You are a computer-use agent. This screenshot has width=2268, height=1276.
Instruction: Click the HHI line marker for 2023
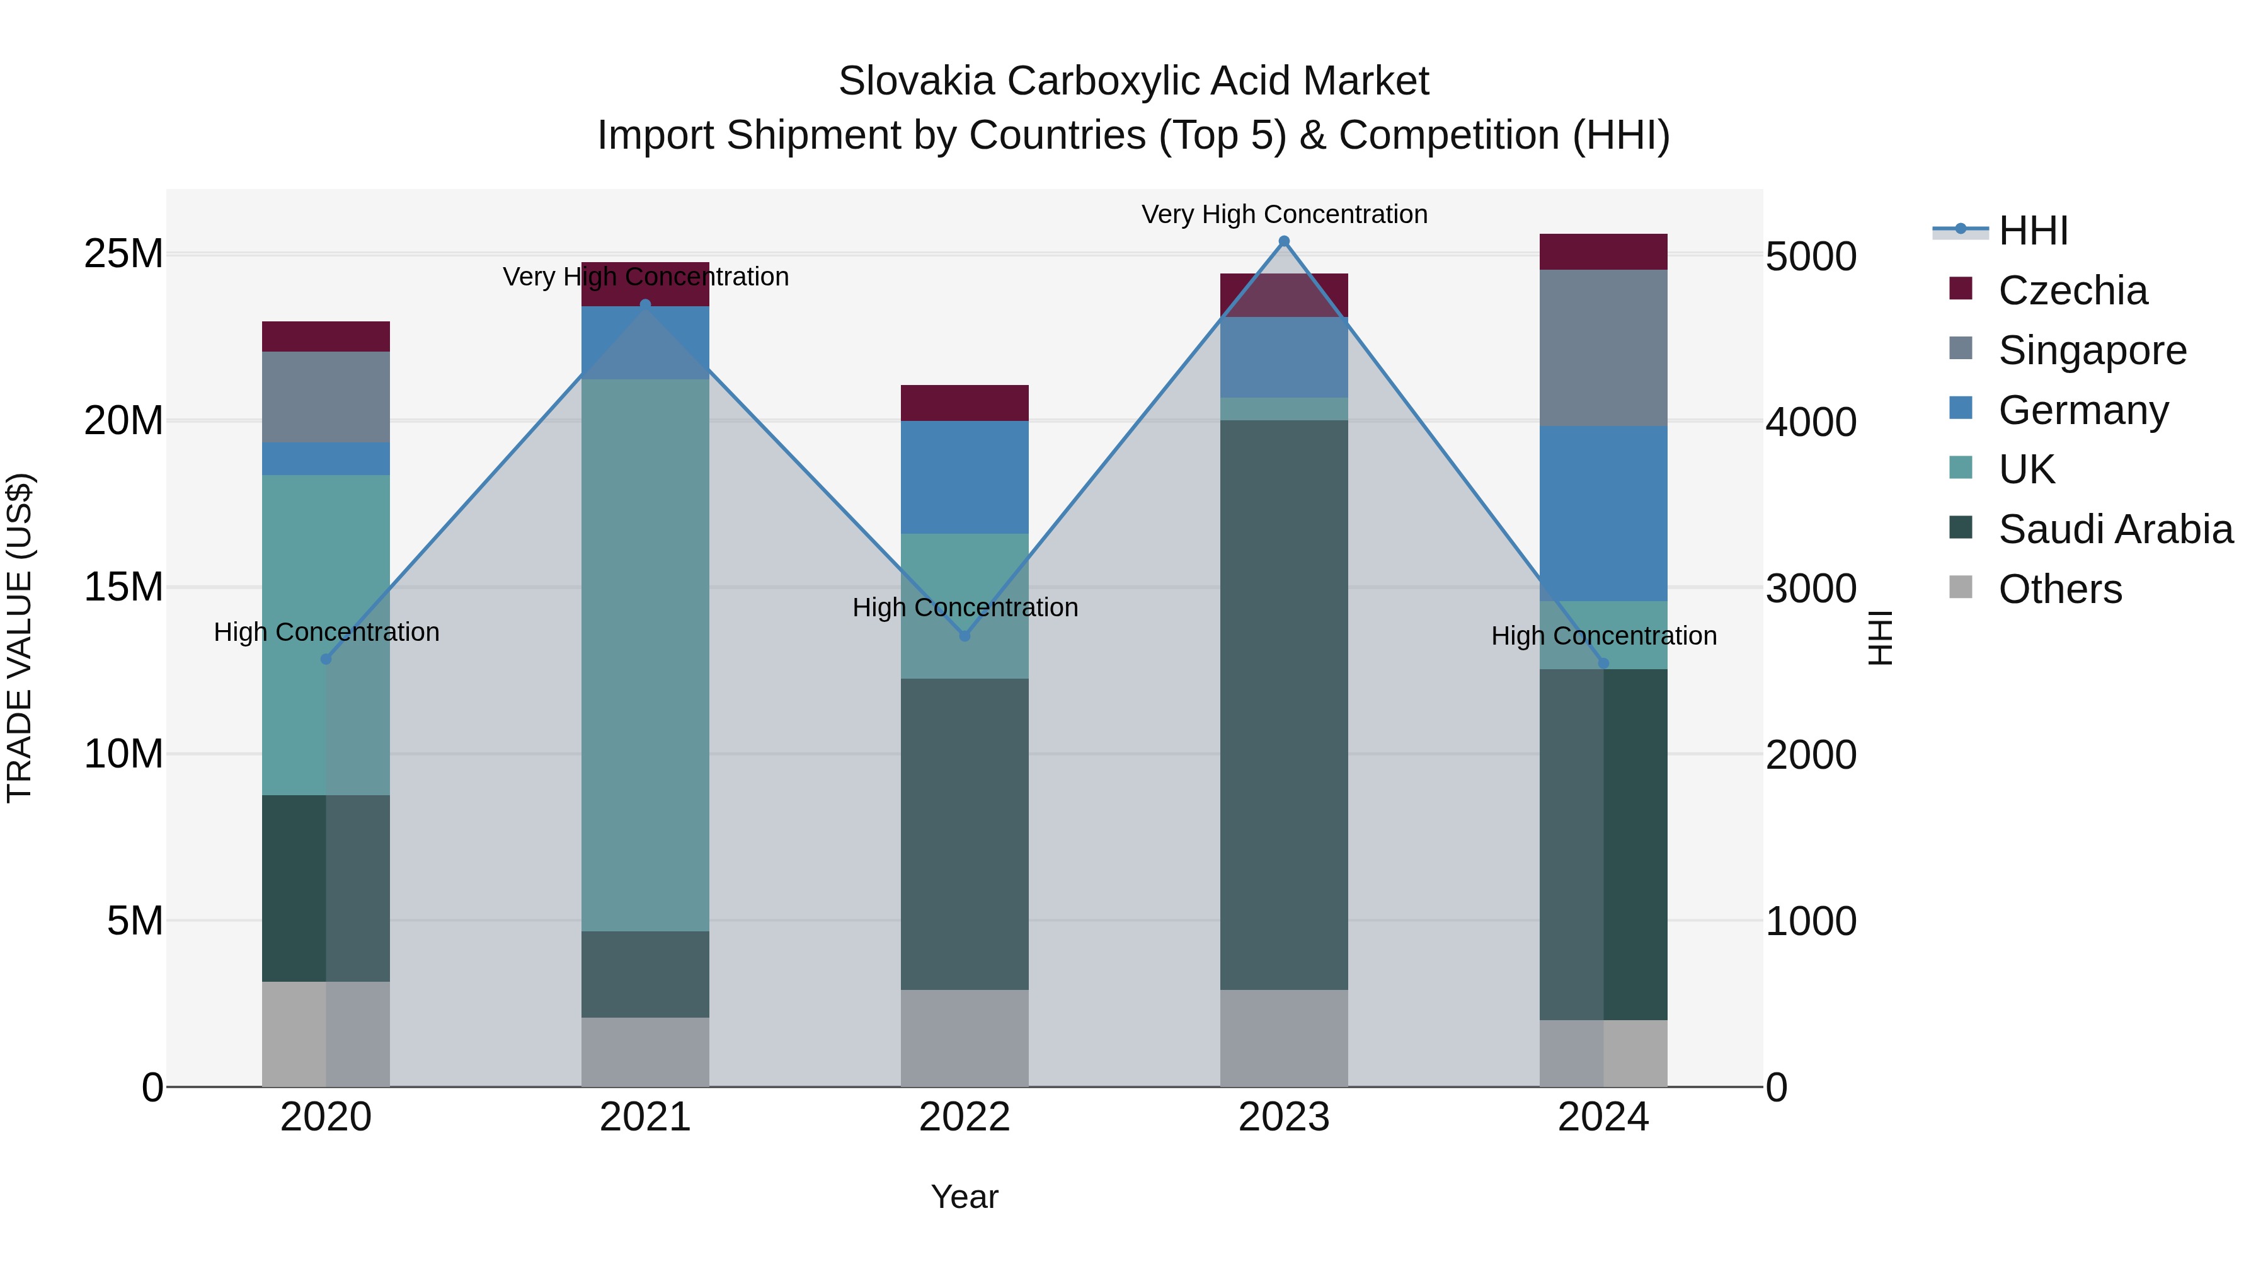1284,241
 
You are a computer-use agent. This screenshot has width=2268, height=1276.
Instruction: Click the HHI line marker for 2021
645,305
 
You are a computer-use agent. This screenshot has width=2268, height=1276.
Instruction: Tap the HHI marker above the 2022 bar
964,635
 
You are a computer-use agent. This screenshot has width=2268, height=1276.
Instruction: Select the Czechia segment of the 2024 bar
1602,252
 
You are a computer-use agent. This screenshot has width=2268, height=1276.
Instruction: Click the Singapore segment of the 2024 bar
1602,348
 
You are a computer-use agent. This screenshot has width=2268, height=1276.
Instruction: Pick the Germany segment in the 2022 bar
964,476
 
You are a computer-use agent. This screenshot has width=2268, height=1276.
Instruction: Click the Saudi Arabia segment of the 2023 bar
1284,704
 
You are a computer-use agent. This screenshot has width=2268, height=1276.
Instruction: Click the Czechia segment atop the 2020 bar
326,336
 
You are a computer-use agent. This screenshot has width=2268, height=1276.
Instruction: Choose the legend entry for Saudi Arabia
2115,529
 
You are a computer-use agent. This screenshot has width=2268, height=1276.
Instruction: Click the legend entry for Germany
2083,410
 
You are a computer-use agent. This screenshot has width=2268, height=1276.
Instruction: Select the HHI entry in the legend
2032,231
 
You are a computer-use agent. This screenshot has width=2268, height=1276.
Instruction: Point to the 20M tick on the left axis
123,421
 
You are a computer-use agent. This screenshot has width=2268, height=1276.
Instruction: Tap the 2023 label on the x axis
1284,1117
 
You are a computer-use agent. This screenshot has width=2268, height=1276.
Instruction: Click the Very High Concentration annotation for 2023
1284,214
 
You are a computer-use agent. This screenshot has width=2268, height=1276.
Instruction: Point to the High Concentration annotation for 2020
326,631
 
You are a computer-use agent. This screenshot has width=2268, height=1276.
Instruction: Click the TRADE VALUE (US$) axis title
20,636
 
